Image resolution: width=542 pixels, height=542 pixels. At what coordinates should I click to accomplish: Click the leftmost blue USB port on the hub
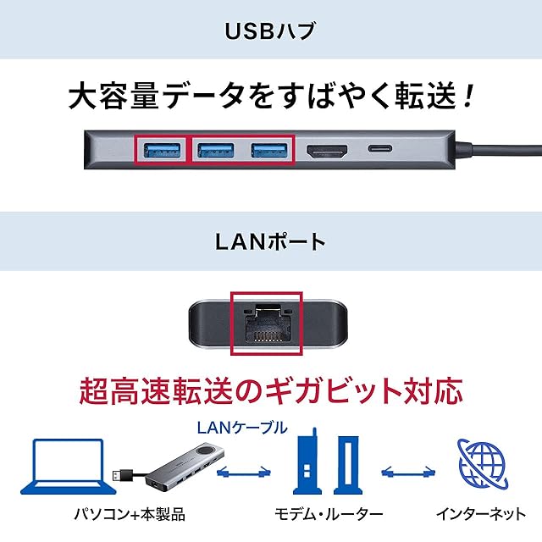click(x=160, y=152)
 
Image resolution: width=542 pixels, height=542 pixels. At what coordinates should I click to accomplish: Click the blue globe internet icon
click(x=481, y=467)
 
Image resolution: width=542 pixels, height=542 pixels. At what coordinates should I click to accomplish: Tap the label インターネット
click(x=479, y=514)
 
